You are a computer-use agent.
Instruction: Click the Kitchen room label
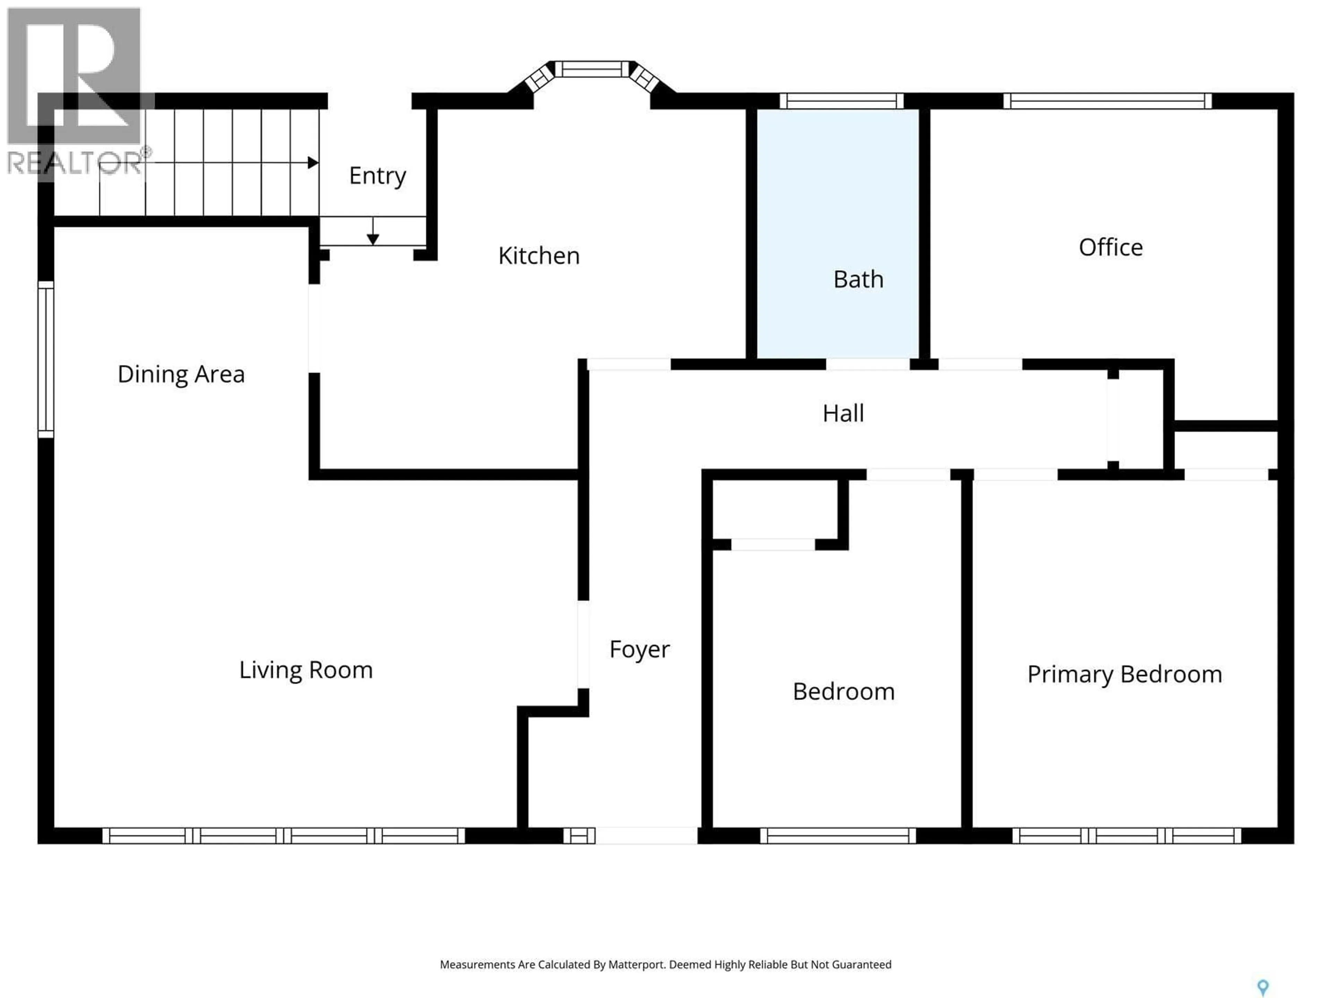[539, 256]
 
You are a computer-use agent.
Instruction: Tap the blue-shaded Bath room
[837, 235]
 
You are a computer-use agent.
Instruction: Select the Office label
[1110, 247]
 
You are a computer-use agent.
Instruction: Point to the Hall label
[843, 413]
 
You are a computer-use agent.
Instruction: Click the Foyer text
[639, 649]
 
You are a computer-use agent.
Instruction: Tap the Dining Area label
[181, 374]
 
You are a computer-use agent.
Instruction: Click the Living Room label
[306, 669]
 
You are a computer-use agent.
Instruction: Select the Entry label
[377, 176]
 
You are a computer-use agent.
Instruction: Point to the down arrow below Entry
[373, 238]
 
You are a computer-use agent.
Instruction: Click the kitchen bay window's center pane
[592, 69]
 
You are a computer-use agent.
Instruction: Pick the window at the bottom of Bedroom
[837, 835]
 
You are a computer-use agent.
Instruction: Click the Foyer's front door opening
[646, 835]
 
